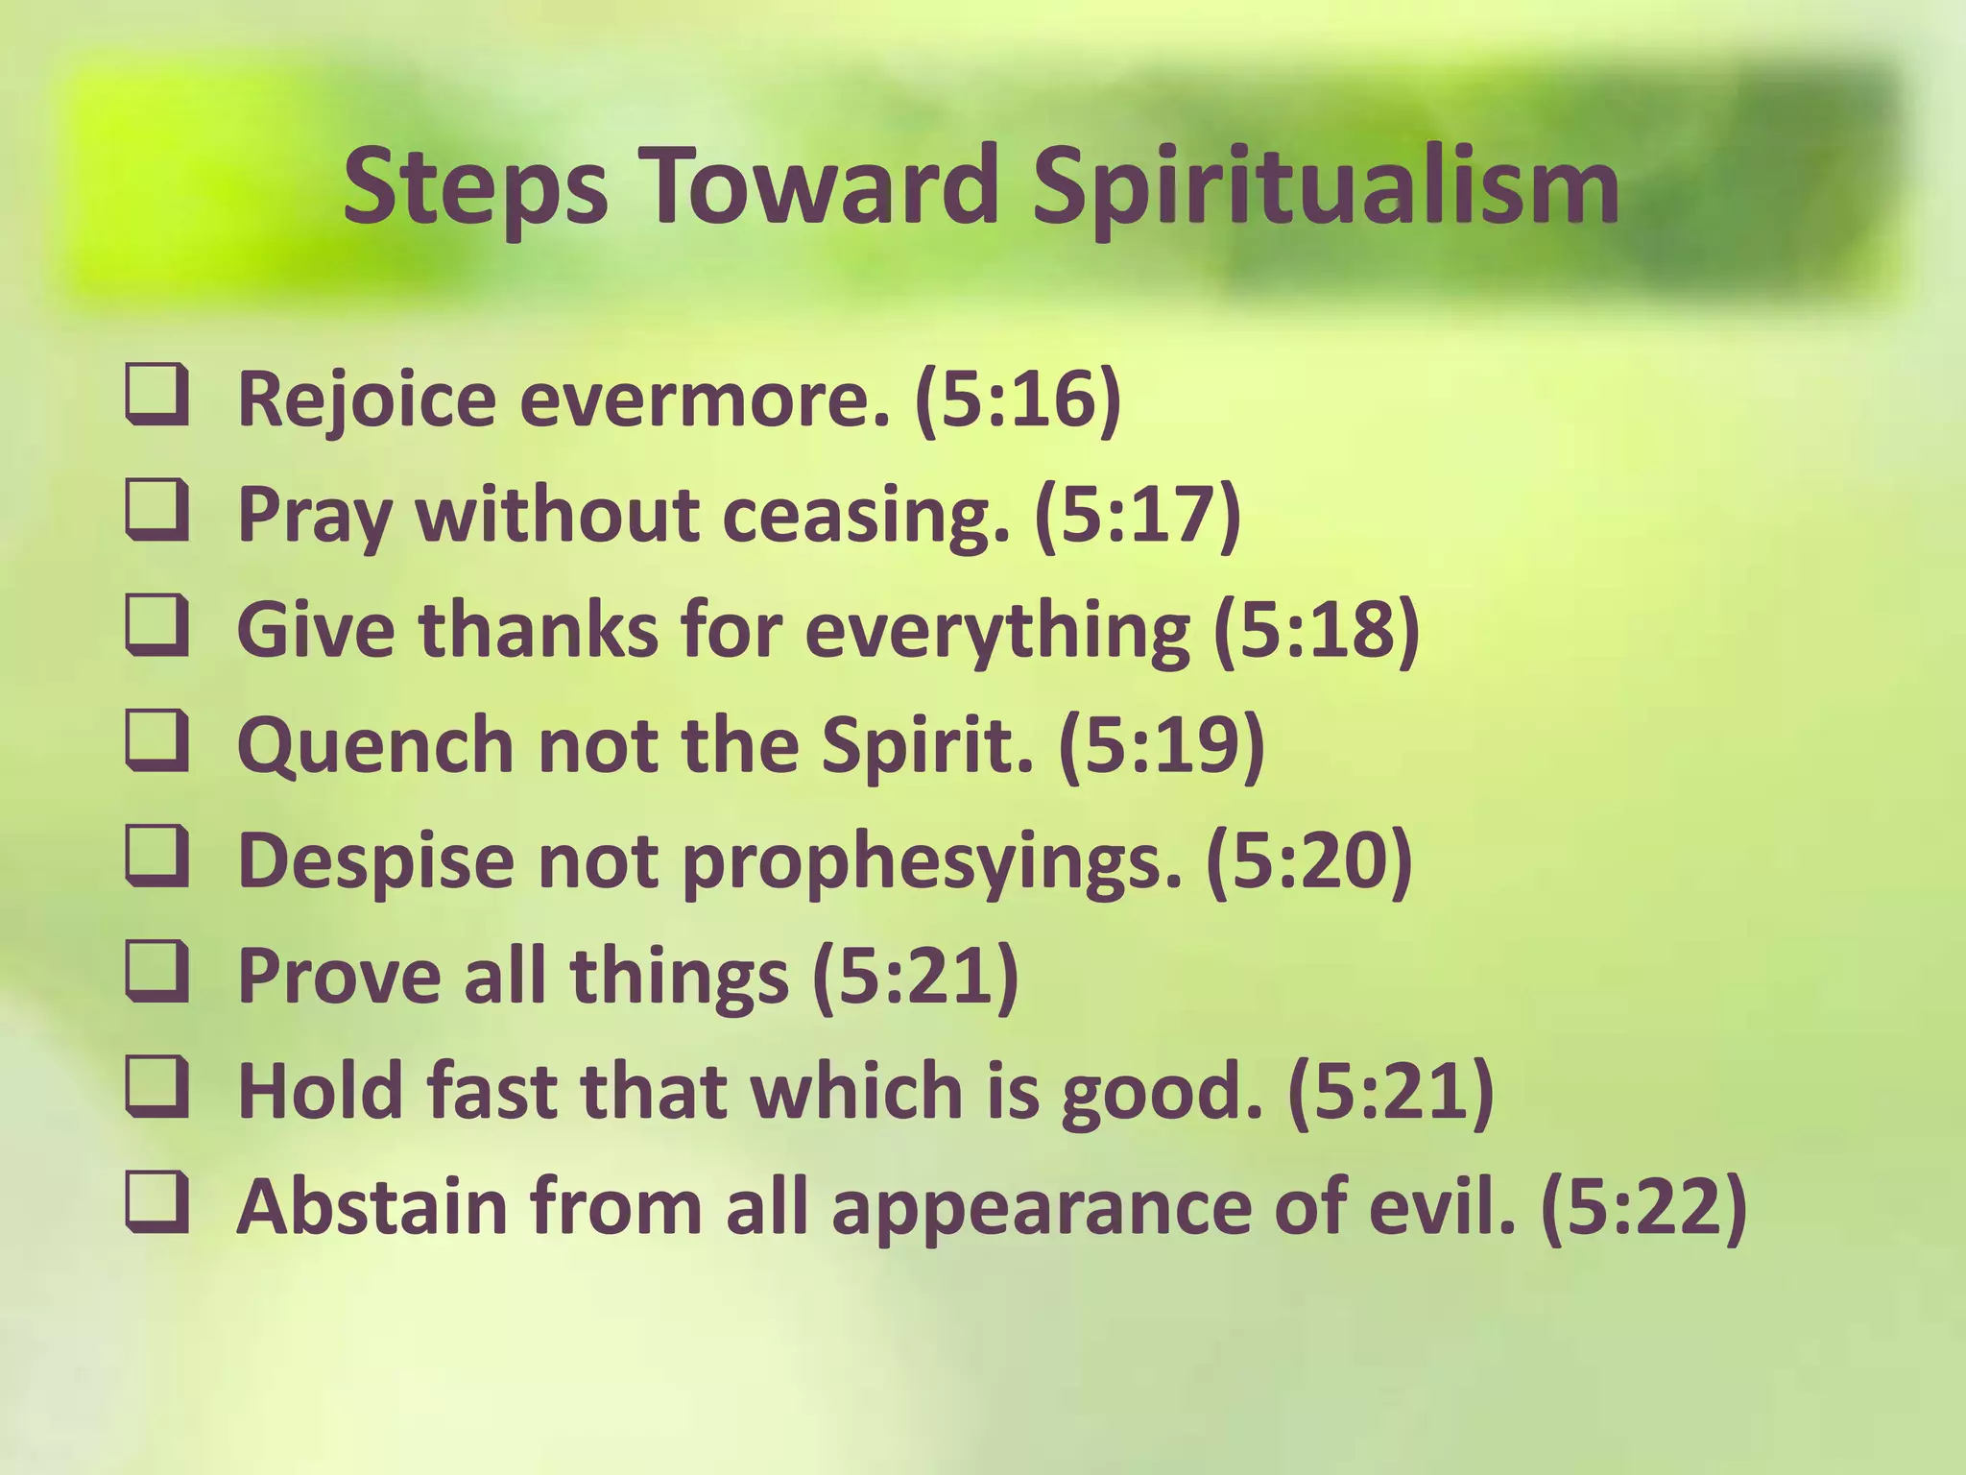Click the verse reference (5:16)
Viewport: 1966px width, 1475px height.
click(x=1018, y=399)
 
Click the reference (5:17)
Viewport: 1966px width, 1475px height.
click(x=1138, y=514)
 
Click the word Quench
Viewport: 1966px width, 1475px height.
click(x=375, y=746)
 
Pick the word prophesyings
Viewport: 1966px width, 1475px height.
click(x=930, y=861)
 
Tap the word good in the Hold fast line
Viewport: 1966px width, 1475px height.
click(x=1162, y=1092)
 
